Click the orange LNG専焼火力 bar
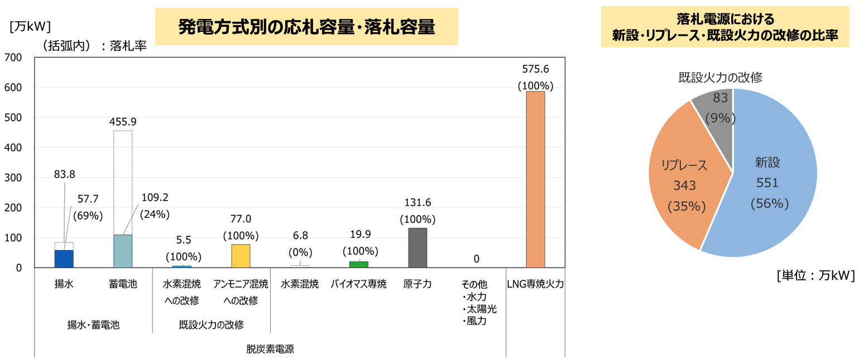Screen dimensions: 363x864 [x=535, y=179]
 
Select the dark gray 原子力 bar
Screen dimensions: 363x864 [x=417, y=248]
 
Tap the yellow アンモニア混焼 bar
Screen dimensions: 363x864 [x=241, y=256]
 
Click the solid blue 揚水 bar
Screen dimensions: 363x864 [x=64, y=259]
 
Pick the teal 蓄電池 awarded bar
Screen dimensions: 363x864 [x=123, y=251]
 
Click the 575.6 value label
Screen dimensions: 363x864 [x=535, y=69]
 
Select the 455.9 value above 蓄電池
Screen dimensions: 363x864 [x=123, y=121]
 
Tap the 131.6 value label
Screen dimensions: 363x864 [x=417, y=203]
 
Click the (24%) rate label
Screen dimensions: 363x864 [x=154, y=214]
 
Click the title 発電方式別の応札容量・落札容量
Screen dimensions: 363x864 [x=306, y=26]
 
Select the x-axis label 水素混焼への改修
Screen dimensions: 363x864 [x=181, y=292]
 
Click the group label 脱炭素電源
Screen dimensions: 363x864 [x=270, y=349]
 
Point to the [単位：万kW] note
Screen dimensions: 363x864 [x=815, y=276]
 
